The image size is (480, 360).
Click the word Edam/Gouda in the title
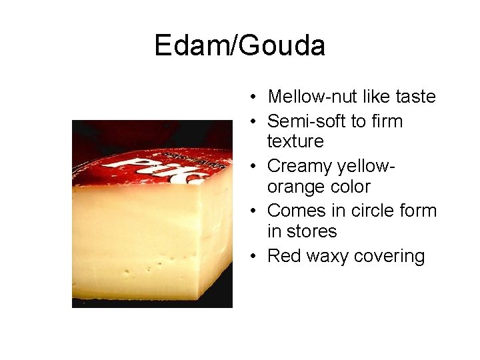pyautogui.click(x=239, y=46)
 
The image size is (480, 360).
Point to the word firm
pyautogui.click(x=386, y=121)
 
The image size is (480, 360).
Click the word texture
pyautogui.click(x=295, y=141)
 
